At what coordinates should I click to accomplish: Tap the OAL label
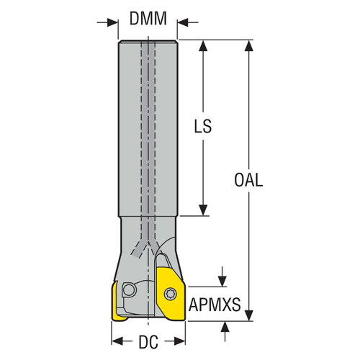coord(249,180)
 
